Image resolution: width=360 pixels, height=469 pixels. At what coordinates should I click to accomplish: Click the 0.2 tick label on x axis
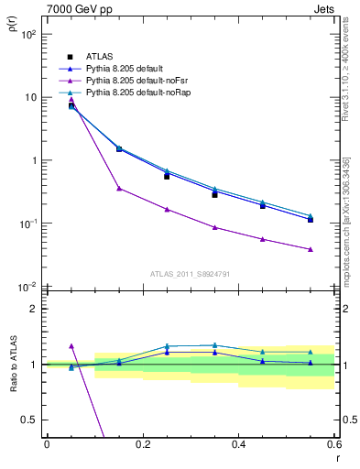(x=142, y=445)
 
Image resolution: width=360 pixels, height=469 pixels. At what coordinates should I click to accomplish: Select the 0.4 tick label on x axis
(x=238, y=445)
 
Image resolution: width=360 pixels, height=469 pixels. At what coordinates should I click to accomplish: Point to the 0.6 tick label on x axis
(x=333, y=445)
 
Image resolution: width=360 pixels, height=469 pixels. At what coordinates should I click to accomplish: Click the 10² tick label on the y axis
(x=28, y=35)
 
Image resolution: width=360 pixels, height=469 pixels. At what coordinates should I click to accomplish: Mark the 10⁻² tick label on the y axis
(x=28, y=288)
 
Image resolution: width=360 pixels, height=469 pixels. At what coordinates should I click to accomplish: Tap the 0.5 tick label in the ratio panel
(x=29, y=420)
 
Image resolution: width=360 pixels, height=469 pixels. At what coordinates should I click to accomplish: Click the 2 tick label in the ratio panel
(x=35, y=310)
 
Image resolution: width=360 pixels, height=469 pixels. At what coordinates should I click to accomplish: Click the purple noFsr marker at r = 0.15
(x=119, y=189)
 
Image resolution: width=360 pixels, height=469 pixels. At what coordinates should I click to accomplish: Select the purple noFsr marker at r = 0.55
(x=311, y=249)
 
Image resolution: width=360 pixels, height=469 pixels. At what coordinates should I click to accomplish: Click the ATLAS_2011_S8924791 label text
(x=190, y=274)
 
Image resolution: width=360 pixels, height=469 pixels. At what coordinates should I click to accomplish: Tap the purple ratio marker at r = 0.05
(x=71, y=346)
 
